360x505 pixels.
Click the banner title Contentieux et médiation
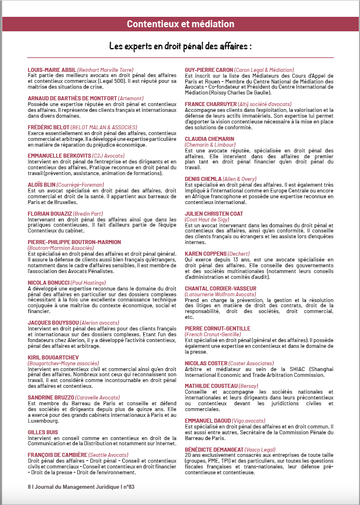pos(180,24)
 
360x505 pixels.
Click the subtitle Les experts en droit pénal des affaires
pos(180,45)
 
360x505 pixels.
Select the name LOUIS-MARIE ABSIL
pos(52,70)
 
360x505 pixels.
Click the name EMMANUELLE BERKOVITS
pos(57,155)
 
